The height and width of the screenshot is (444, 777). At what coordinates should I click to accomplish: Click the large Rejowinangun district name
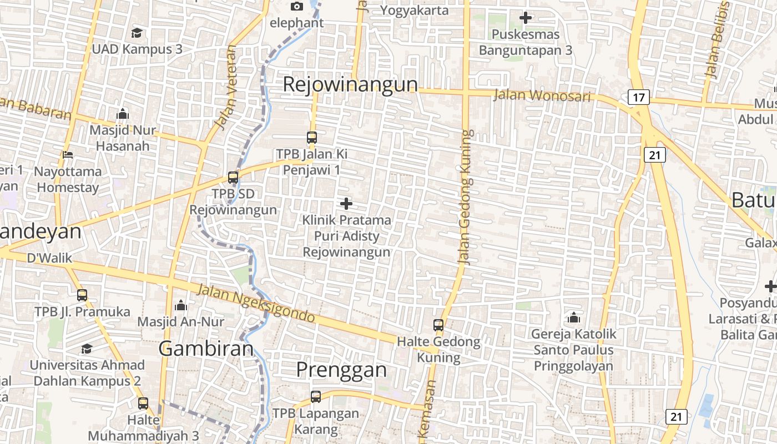point(350,84)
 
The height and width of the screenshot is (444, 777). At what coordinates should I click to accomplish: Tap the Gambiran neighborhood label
point(206,349)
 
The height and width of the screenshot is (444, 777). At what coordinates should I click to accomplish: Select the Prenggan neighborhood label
point(341,369)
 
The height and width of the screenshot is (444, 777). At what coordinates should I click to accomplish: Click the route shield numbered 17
point(639,98)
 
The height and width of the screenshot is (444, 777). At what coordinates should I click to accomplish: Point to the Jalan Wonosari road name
point(542,95)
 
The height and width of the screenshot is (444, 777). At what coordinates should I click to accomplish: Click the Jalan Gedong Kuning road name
point(465,197)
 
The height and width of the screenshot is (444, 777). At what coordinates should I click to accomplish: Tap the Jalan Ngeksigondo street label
point(256,303)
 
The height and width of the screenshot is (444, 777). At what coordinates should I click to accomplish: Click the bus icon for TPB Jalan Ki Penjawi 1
point(312,137)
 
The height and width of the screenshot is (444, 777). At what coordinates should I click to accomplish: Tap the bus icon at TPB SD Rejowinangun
point(233,178)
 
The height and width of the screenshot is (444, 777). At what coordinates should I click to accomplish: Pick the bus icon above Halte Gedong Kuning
point(438,325)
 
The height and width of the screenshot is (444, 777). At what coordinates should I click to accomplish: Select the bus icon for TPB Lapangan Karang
point(316,397)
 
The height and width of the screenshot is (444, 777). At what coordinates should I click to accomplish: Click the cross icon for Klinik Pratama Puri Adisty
point(346,204)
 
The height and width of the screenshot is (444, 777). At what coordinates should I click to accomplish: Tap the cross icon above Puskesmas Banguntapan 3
point(525,18)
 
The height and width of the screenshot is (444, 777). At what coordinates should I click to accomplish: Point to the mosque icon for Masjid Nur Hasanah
point(123,114)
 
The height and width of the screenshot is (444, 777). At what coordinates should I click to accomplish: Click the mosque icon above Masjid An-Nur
point(181,305)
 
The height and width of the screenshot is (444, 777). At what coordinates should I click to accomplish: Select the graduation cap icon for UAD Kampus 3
point(137,33)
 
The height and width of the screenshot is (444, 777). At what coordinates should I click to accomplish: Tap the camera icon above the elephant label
point(297,6)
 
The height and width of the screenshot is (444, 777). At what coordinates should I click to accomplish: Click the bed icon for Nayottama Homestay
point(68,155)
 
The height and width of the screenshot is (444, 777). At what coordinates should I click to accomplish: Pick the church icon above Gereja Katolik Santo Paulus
point(574,317)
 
